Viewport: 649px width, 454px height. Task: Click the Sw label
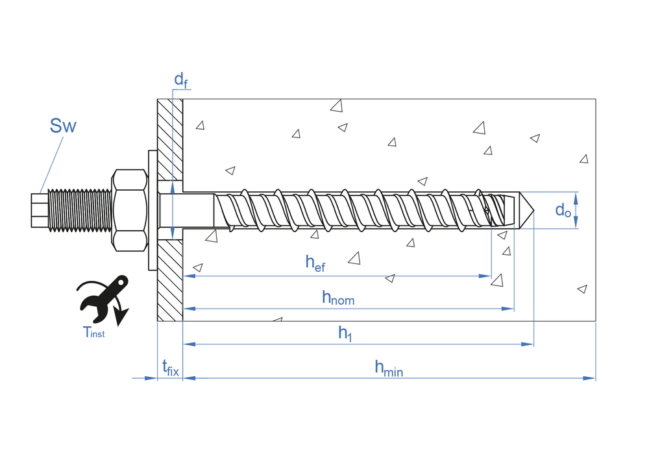pyautogui.click(x=63, y=125)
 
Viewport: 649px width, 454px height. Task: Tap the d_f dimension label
pyautogui.click(x=180, y=80)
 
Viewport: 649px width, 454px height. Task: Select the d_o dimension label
pyautogui.click(x=563, y=209)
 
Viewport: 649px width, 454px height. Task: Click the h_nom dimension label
pyautogui.click(x=338, y=298)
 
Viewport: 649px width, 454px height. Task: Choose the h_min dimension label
pyautogui.click(x=388, y=368)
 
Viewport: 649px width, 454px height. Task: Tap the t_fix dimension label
pyautogui.click(x=170, y=368)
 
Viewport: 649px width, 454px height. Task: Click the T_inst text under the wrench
pyautogui.click(x=93, y=332)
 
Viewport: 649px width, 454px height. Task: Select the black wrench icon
pyautogui.click(x=102, y=299)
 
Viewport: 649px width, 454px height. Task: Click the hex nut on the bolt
pyautogui.click(x=129, y=210)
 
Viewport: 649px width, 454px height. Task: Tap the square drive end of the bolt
pyautogui.click(x=40, y=210)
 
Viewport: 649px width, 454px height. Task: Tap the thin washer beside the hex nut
pyautogui.click(x=152, y=210)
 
